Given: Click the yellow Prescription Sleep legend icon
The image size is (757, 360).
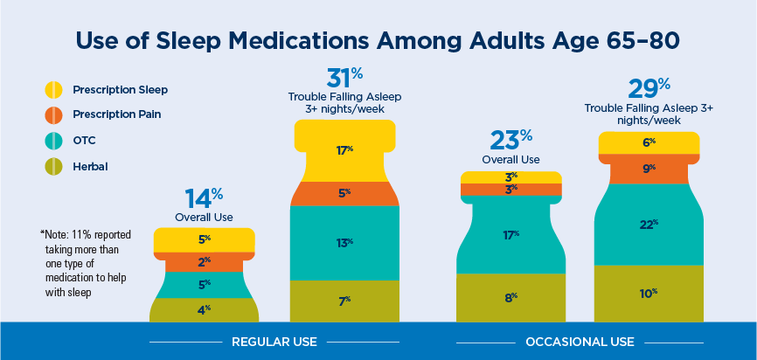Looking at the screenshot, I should coord(53,89).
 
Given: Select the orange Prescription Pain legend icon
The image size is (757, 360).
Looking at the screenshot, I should coord(53,114).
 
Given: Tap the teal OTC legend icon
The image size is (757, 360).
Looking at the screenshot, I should coord(53,139).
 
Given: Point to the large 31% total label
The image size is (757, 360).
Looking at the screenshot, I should coord(344,78).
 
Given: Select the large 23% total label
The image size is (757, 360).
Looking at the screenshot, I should coord(510,140).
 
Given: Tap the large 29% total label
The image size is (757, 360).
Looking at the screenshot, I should coord(649,88).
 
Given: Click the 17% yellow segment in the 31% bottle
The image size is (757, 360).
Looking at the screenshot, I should coord(345,149).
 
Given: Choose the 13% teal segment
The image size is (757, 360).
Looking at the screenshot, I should coord(345,242).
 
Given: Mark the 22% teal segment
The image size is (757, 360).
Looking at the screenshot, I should coord(649,225).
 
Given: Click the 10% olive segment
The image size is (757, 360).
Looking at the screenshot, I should coord(649,293).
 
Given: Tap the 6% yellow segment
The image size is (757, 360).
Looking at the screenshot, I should coord(649,142).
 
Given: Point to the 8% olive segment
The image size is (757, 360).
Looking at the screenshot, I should coord(510,298).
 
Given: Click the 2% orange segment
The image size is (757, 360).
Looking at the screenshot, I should coord(205,261).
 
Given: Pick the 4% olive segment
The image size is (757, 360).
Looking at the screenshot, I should coord(205,309).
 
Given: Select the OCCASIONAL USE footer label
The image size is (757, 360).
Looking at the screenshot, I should coord(580,342).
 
